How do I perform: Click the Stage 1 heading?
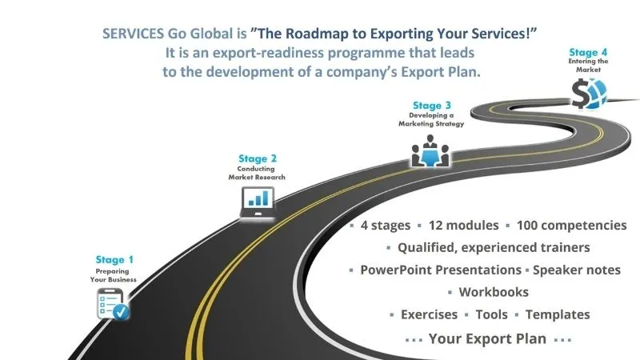114,259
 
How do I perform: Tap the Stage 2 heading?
258,158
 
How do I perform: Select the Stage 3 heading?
432,106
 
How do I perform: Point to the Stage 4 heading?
588,52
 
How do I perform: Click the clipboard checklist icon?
113,304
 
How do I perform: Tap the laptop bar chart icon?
257,202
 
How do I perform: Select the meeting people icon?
430,151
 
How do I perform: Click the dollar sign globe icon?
589,94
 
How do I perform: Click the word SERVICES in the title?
133,34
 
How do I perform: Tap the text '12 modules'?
463,225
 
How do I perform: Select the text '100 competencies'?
571,225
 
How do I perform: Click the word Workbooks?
494,292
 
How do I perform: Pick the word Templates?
558,314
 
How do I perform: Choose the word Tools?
491,314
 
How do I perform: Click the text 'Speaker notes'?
577,270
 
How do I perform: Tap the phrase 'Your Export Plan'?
487,338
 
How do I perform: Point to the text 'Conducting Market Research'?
257,173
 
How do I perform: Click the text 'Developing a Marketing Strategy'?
431,119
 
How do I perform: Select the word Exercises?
429,314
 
